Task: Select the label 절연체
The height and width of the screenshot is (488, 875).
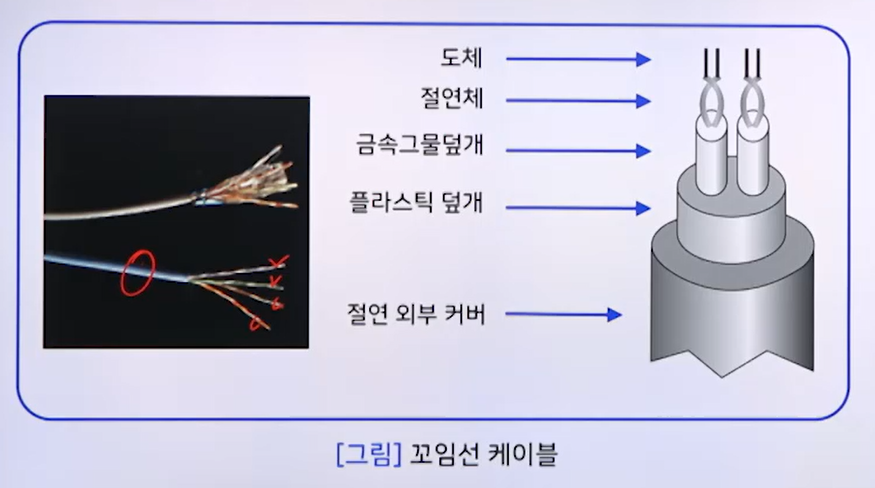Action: pos(452,99)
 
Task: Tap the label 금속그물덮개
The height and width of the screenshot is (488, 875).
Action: pos(420,144)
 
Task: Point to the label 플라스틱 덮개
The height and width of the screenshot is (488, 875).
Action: pos(416,202)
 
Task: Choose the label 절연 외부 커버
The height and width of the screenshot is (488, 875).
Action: pos(416,314)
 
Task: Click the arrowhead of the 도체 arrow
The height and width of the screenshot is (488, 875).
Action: pos(644,59)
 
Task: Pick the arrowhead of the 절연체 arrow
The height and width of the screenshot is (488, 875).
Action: pos(644,101)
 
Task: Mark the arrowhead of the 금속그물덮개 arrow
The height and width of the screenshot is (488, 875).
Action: pos(644,151)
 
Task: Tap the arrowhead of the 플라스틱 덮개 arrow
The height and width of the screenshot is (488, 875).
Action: pos(644,208)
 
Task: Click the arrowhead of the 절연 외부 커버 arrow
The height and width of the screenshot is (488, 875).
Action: pos(614,314)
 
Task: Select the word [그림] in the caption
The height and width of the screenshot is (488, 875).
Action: pos(368,454)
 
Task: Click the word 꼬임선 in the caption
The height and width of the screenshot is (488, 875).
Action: pos(444,454)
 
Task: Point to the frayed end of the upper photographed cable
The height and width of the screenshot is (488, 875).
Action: pos(250,180)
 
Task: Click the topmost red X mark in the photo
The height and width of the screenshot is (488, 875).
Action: pos(280,262)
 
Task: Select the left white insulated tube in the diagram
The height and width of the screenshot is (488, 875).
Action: pos(712,156)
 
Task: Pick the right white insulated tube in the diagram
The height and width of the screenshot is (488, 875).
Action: pos(753,156)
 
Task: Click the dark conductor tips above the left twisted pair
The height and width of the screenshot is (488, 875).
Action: pos(712,62)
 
